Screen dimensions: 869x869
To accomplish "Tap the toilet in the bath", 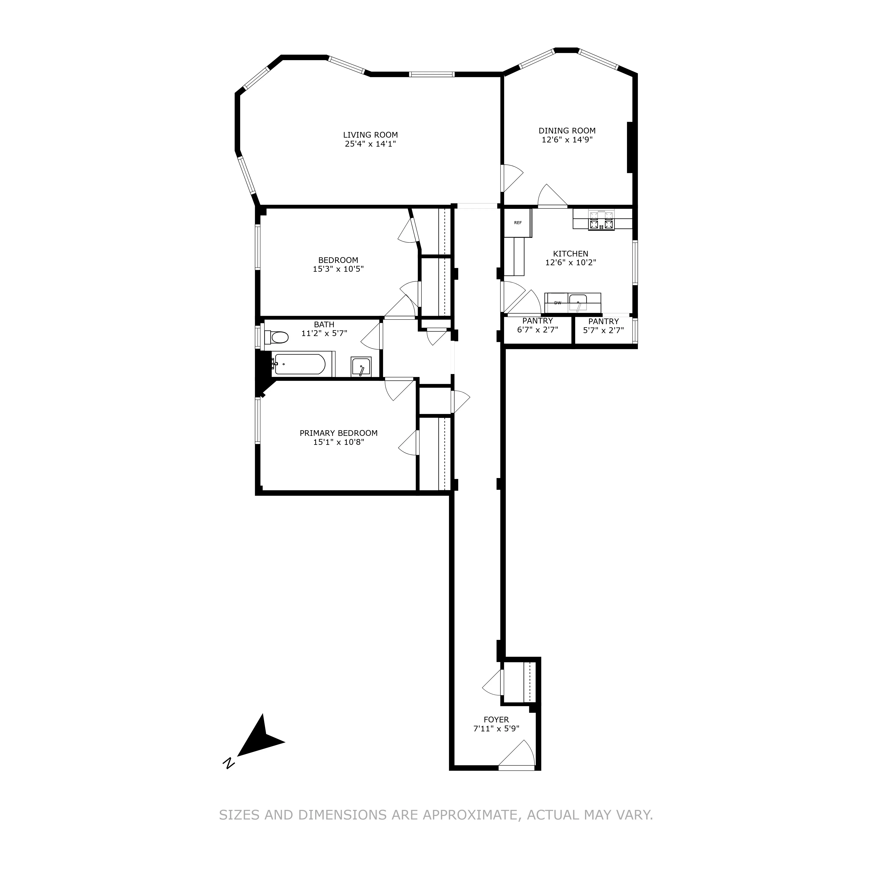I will [x=278, y=337].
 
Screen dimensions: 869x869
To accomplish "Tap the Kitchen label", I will [x=570, y=254].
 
